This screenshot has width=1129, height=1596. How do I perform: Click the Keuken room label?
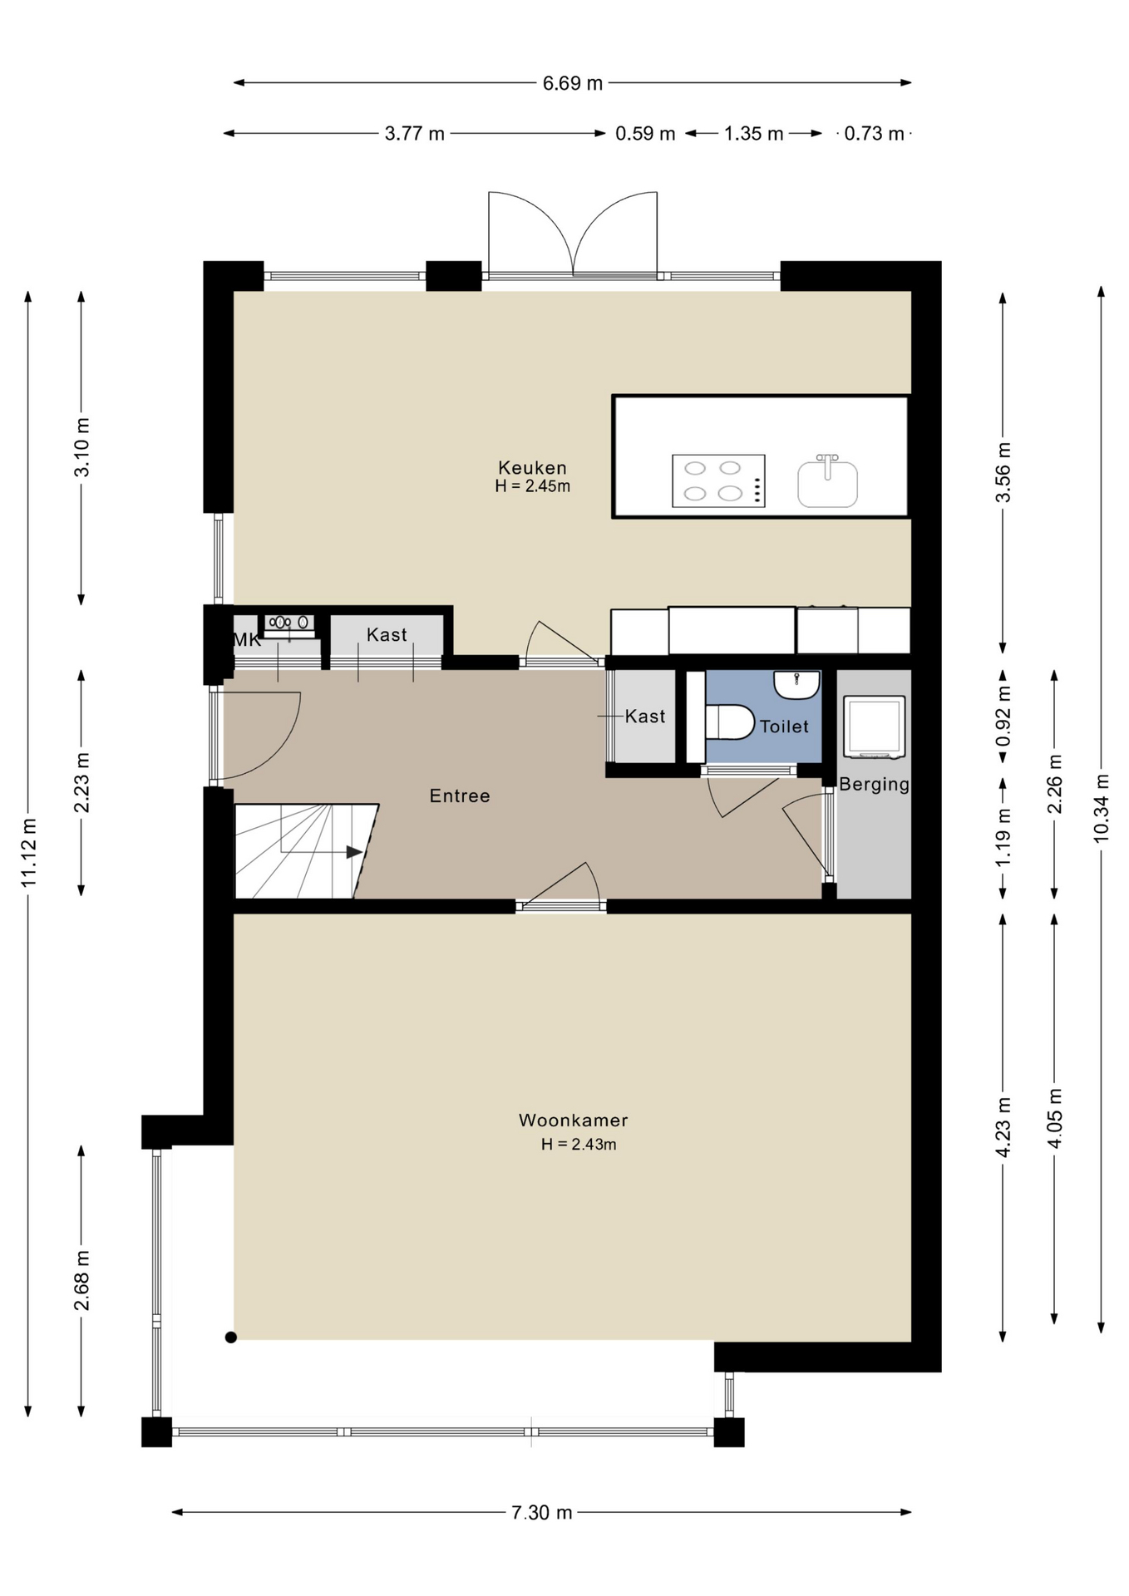pyautogui.click(x=532, y=468)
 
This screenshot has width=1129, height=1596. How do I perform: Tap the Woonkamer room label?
pyautogui.click(x=573, y=1121)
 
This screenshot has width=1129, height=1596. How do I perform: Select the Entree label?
pyautogui.click(x=460, y=796)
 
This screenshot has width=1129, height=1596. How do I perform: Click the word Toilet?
pyautogui.click(x=784, y=727)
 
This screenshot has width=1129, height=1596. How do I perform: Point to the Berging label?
pyautogui.click(x=874, y=785)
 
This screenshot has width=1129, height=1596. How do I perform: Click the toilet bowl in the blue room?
pyautogui.click(x=729, y=722)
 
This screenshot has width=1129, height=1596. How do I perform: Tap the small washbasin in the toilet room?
pyautogui.click(x=796, y=684)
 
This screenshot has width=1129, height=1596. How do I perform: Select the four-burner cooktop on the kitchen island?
pyautogui.click(x=718, y=481)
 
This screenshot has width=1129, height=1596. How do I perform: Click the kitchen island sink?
pyautogui.click(x=827, y=481)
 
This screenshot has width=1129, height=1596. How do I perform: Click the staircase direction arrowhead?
pyautogui.click(x=354, y=852)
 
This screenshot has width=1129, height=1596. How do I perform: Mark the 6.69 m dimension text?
pyautogui.click(x=573, y=83)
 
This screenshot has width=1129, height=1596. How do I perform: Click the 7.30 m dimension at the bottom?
pyautogui.click(x=542, y=1513)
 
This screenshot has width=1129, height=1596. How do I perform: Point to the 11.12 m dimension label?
pyautogui.click(x=29, y=852)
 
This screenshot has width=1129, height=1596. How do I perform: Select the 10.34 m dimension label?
pyautogui.click(x=1102, y=808)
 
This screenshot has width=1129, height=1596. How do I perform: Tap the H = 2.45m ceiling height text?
pyautogui.click(x=532, y=486)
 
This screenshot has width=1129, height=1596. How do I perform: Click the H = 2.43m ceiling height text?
pyautogui.click(x=579, y=1145)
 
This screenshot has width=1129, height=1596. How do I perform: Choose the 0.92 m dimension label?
pyautogui.click(x=1003, y=717)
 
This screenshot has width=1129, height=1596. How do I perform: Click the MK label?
pyautogui.click(x=247, y=640)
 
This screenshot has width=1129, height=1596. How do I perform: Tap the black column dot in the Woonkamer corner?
pyautogui.click(x=231, y=1337)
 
